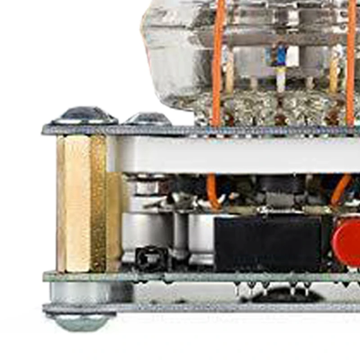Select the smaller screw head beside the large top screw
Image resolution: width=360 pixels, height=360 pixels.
[x=148, y=119]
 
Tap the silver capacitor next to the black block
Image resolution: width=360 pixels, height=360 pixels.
[x=201, y=238]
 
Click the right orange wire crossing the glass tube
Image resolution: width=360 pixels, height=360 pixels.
[x=351, y=63]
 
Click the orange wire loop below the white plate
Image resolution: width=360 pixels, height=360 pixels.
[x=212, y=191]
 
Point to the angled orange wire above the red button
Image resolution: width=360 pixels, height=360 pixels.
[x=342, y=189]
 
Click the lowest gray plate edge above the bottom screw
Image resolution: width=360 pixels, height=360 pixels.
[x=202, y=308]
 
